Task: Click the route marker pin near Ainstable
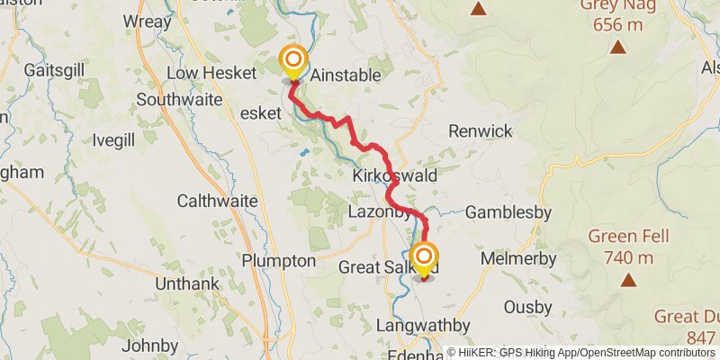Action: (x=293, y=63)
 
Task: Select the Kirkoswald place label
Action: (x=395, y=175)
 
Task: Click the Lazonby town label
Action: (x=379, y=213)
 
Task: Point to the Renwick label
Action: (x=480, y=131)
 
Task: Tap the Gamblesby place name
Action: (x=509, y=212)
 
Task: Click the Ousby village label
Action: (x=527, y=307)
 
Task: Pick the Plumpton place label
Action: (x=279, y=261)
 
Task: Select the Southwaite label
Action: (x=178, y=100)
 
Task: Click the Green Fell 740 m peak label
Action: (x=621, y=247)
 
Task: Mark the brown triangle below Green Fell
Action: (x=627, y=280)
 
